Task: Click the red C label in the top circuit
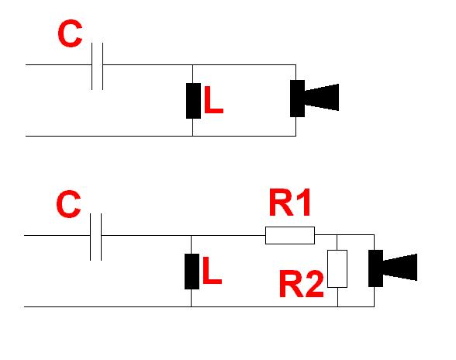click(x=70, y=33)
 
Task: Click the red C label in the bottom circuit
click(x=68, y=204)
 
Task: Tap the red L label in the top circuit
click(x=214, y=99)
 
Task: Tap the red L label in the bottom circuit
click(x=212, y=270)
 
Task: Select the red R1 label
click(x=290, y=202)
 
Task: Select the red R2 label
click(x=301, y=284)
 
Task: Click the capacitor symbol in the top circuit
click(x=97, y=66)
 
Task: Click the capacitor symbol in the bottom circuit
click(x=95, y=237)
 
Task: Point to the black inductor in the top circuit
click(x=193, y=101)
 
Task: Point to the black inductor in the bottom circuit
click(x=192, y=272)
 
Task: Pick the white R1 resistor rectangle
click(x=290, y=235)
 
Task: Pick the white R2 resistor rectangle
click(x=337, y=268)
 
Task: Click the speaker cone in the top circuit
click(x=322, y=97)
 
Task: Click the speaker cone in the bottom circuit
click(x=400, y=267)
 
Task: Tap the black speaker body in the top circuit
click(x=297, y=99)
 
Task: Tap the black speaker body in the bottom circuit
click(x=375, y=268)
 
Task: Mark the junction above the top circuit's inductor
click(x=192, y=64)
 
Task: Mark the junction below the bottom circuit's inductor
click(x=191, y=306)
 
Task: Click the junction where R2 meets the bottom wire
click(x=337, y=306)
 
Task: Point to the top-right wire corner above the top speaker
click(x=296, y=64)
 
